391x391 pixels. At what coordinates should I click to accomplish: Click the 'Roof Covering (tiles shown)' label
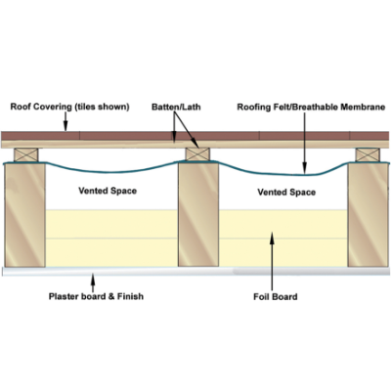tap(69, 107)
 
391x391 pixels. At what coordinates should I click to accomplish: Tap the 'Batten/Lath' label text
tap(176, 107)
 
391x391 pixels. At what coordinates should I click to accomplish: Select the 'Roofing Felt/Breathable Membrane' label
tap(311, 108)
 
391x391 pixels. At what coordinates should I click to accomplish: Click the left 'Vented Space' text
tap(108, 191)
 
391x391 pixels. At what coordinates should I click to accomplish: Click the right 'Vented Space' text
tap(286, 193)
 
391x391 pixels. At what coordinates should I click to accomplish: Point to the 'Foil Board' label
tap(276, 297)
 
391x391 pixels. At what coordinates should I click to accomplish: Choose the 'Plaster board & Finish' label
tap(96, 296)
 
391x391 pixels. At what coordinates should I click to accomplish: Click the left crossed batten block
tap(26, 154)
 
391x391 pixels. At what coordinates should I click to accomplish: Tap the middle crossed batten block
tap(197, 154)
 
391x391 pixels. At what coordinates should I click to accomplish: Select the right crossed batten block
tap(368, 154)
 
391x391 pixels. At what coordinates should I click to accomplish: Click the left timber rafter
tap(24, 215)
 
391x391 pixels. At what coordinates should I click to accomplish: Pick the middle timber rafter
tap(198, 214)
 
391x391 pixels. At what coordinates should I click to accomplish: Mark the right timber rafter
tap(368, 215)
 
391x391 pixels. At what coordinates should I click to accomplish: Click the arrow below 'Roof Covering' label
tap(65, 121)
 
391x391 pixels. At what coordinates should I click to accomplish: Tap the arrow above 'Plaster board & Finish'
tap(93, 282)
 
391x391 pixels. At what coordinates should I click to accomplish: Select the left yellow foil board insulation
tap(111, 239)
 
